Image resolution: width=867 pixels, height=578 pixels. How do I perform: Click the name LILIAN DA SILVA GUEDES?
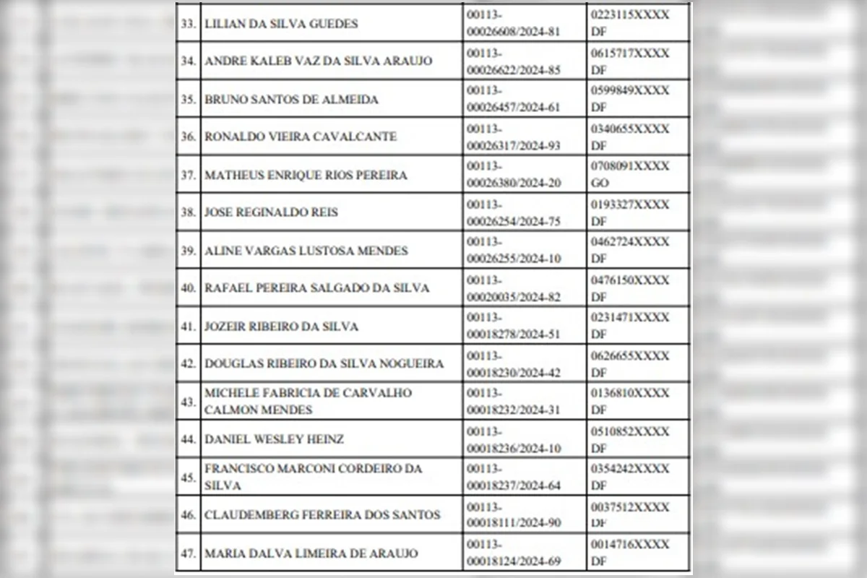282,24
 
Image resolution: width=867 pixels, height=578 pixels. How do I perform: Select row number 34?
189,61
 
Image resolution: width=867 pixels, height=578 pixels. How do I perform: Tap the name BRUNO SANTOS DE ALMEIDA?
291,100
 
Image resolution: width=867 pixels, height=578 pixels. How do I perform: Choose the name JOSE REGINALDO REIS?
271,212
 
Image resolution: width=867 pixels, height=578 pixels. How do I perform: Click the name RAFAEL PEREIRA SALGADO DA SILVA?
317,288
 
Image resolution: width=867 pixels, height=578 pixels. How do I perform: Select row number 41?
189,327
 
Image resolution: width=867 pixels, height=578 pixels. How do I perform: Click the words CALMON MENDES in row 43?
259,410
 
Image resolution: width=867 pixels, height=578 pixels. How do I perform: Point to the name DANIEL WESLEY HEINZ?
274,439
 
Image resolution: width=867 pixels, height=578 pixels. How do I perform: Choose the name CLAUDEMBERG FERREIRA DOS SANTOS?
322,515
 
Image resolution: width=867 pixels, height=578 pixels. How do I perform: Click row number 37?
189,176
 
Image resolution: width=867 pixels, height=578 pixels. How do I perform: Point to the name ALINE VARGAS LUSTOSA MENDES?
306,251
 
